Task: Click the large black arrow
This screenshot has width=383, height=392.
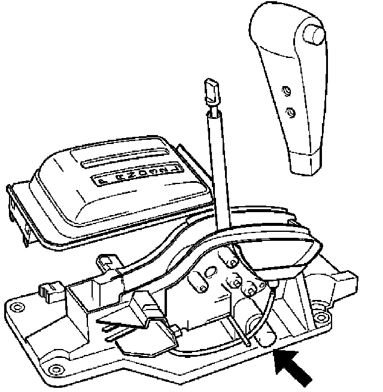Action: click(293, 368)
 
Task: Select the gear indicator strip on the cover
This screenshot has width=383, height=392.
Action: click(132, 177)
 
